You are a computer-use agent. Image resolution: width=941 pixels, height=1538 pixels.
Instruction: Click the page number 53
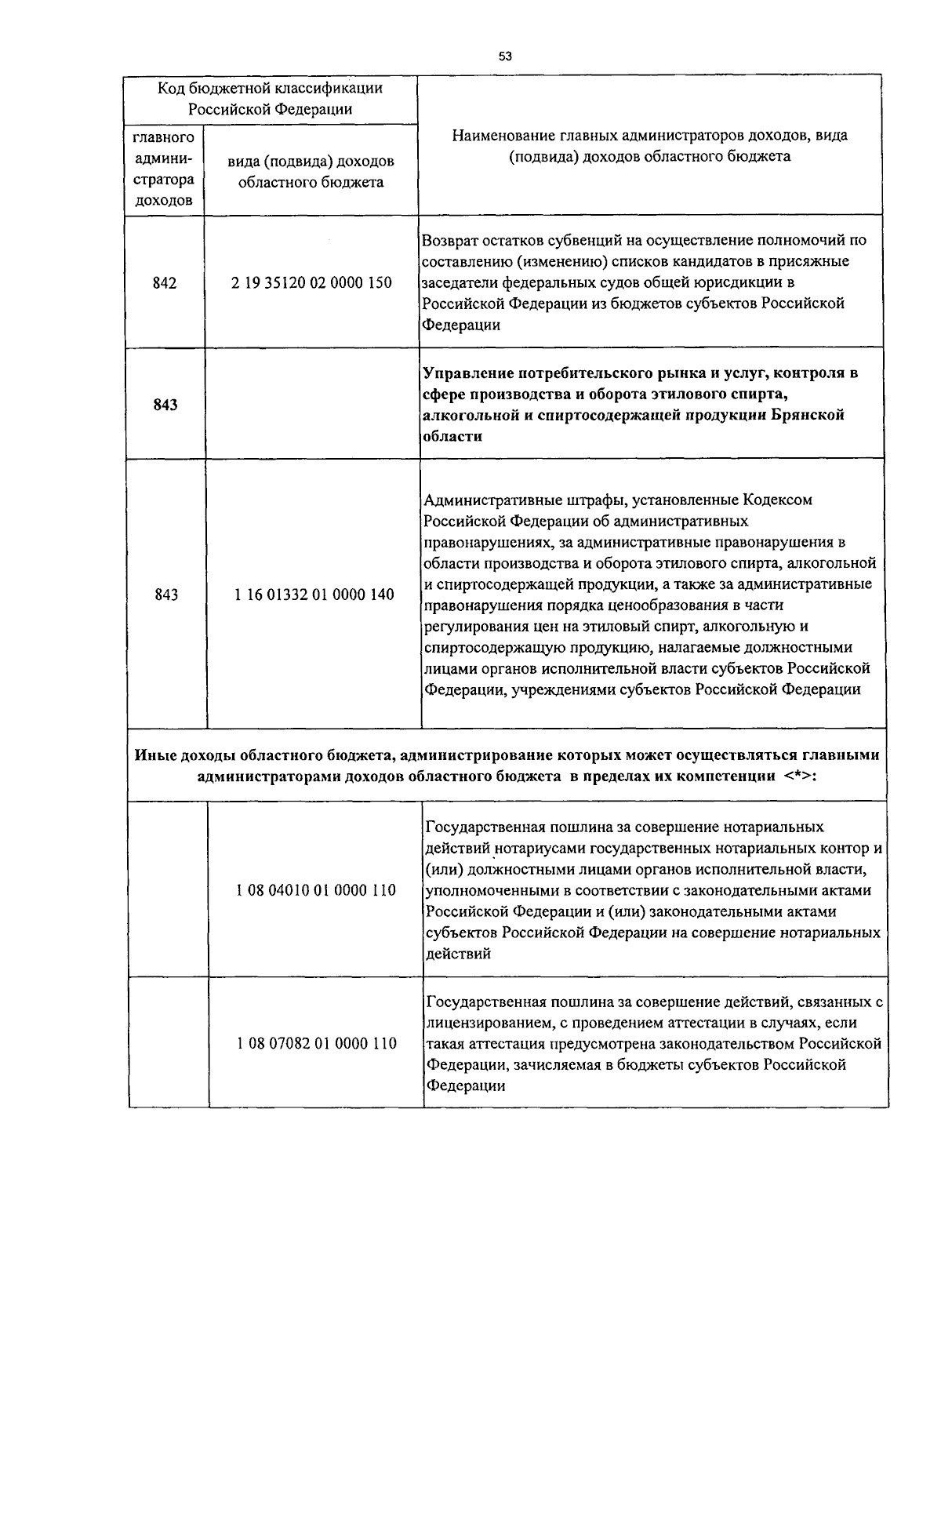coord(505,56)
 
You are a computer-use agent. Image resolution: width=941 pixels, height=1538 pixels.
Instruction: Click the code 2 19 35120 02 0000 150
coord(311,282)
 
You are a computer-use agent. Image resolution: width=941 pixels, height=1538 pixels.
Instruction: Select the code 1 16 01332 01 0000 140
coord(314,594)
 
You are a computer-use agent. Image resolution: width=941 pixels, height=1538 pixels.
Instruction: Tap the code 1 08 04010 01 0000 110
coord(315,890)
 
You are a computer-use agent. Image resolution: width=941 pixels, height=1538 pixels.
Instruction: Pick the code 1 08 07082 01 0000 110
coord(316,1044)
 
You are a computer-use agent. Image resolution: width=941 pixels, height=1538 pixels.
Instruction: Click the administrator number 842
coord(165,282)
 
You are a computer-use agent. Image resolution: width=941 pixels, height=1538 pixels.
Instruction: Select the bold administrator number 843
coord(165,405)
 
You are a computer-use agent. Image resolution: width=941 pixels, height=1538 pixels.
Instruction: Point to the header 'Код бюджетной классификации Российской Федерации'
coord(270,98)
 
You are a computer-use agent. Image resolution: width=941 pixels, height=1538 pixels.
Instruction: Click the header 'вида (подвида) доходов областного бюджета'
coord(311,172)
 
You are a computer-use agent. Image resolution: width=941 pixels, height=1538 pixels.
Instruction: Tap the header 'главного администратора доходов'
coord(164,169)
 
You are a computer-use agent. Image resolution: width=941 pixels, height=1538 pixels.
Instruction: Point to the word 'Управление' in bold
coord(467,373)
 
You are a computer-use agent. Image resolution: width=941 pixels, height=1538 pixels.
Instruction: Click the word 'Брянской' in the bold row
coord(813,416)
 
